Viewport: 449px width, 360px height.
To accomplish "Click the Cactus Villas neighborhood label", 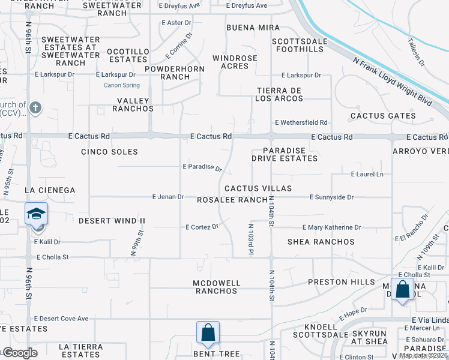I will click(258, 188).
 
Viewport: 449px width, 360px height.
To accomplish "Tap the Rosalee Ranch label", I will click(232, 200).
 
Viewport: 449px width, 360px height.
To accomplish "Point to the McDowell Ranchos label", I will click(217, 287).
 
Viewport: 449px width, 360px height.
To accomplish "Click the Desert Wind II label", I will click(112, 221).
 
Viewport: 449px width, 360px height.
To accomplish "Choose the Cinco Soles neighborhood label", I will click(110, 152).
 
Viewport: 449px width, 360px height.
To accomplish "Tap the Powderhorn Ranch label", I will click(175, 73).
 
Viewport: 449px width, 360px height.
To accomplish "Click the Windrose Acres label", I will click(235, 62).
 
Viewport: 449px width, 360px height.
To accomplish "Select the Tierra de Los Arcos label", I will click(280, 94).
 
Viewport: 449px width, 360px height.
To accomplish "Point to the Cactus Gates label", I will click(383, 116).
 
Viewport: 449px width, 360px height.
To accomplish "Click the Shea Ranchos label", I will click(321, 242).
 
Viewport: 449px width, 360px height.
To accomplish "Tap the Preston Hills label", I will click(336, 282).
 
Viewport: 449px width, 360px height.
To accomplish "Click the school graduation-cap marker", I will click(37, 215).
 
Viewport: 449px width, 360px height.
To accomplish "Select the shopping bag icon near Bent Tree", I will click(208, 332).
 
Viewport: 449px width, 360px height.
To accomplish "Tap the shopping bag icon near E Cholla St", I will click(402, 289).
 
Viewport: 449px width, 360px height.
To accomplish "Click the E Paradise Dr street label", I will click(202, 167).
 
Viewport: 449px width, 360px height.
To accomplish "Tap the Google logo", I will click(20, 353).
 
